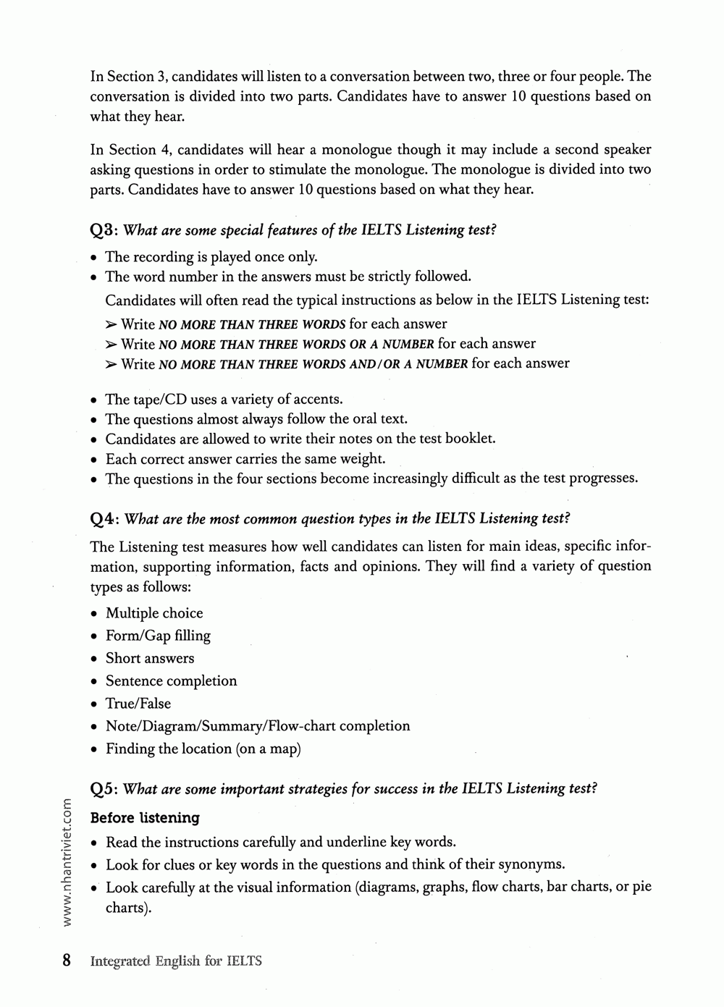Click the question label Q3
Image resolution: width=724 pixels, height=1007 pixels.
coord(104,231)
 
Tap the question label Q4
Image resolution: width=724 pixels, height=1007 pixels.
coord(104,519)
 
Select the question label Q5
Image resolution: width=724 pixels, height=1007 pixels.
coord(104,789)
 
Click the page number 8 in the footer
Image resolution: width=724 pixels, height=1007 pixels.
coord(67,961)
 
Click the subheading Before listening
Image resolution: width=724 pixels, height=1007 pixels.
coord(145,818)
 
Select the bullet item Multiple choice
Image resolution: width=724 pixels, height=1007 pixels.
coord(154,613)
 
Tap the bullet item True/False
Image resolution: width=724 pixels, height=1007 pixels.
coord(138,704)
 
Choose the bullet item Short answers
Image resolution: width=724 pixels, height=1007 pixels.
coord(150,658)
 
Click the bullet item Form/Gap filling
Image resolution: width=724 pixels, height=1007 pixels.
coord(158,636)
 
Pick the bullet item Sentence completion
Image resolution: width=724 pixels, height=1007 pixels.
coord(171,681)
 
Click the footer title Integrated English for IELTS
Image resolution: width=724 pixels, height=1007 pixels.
coord(176,961)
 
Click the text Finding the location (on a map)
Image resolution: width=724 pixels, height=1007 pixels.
coord(203,749)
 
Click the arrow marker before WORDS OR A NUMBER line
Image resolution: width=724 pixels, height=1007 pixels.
coord(111,345)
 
